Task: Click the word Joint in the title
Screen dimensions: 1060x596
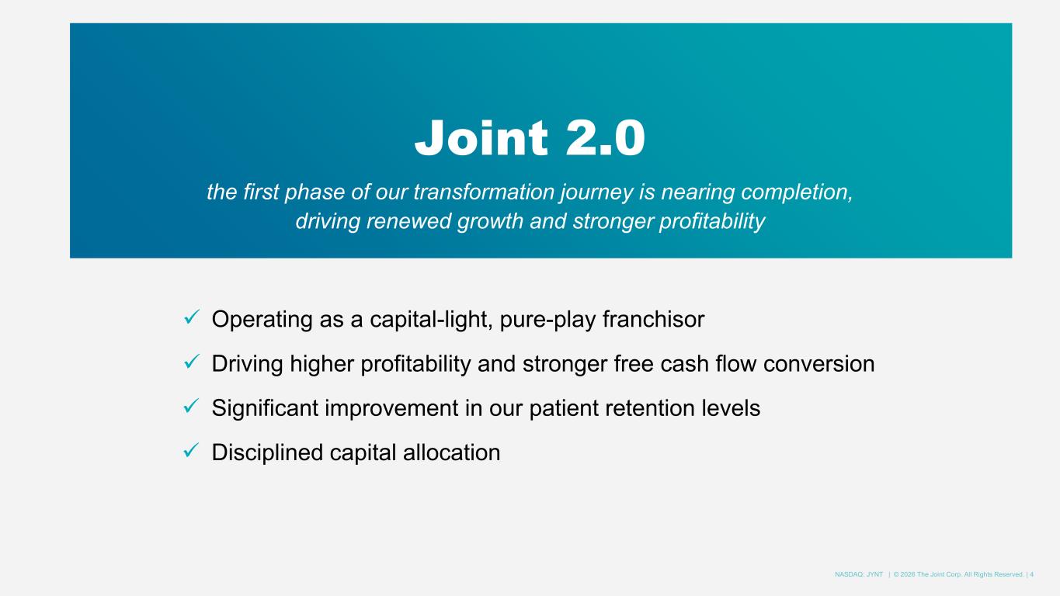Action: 481,137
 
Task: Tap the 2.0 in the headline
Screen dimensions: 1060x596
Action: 605,137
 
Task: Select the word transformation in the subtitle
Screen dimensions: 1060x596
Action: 484,192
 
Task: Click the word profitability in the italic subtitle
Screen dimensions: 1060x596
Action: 712,221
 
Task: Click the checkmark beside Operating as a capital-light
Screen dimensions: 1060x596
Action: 192,317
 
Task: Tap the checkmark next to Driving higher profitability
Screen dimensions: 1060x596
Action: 192,362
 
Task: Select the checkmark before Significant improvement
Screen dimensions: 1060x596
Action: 192,406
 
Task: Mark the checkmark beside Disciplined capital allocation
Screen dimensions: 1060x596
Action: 192,450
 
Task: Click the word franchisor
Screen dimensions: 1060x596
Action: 654,319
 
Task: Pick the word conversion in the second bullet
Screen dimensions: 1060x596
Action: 818,364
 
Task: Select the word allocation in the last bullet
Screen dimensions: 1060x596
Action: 451,452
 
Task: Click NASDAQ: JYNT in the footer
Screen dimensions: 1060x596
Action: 859,575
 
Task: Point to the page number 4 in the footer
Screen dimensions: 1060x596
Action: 1031,575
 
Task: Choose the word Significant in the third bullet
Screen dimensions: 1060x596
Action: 265,409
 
